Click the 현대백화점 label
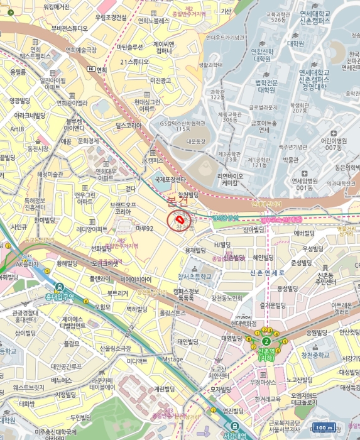coord(244,323)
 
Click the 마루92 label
coord(144,229)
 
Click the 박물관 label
coord(290,160)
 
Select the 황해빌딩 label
coord(70,263)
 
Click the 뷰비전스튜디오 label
coord(70,29)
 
